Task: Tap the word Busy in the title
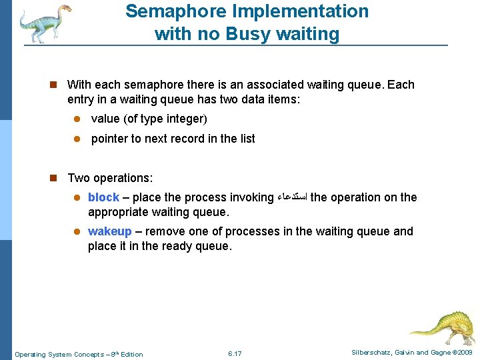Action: [x=261, y=33]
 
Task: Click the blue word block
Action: [x=103, y=197]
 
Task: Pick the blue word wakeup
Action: [x=110, y=231]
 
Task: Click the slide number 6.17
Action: [x=235, y=353]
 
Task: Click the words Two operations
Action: [x=110, y=178]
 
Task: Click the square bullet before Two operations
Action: [x=58, y=178]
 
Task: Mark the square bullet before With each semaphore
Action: [x=58, y=85]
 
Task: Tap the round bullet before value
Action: [x=77, y=119]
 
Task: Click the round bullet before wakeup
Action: [x=77, y=232]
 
